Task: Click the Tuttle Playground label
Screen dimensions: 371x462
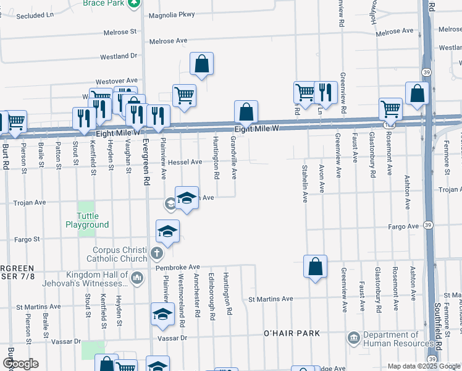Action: (x=87, y=220)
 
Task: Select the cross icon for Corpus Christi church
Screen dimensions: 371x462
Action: (x=157, y=253)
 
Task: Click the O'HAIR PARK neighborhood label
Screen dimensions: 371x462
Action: (x=292, y=333)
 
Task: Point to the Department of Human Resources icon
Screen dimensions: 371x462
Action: (x=354, y=338)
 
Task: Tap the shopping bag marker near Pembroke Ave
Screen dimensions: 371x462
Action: (x=315, y=267)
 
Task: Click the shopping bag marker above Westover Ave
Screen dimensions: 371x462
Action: (x=201, y=63)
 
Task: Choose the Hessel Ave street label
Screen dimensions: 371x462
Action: (x=186, y=162)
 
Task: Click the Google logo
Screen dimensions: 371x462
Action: (x=20, y=364)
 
